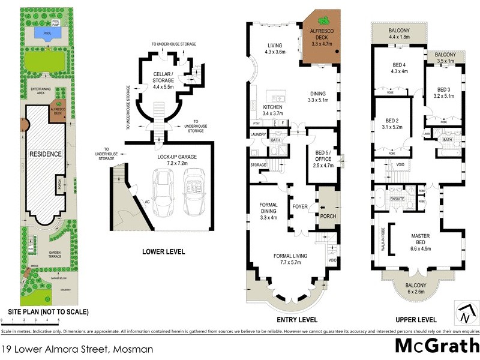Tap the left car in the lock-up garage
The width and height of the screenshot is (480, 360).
163,193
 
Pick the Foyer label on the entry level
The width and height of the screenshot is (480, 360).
299,207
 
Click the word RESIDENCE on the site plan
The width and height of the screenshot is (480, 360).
46,154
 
